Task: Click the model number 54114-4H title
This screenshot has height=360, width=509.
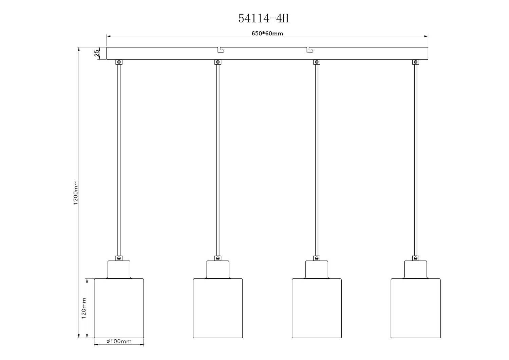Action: [263, 18]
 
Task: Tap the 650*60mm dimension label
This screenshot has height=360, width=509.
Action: [267, 33]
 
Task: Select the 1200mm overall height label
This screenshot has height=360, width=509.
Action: [76, 192]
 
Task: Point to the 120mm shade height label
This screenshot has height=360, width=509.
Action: [84, 308]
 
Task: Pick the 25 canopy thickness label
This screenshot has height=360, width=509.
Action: [97, 53]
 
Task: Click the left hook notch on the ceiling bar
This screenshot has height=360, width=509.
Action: [221, 50]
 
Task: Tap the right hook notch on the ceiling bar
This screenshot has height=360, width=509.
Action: [310, 50]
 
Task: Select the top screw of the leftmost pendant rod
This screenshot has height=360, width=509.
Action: [119, 62]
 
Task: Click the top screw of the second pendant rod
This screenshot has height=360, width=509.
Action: [218, 62]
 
